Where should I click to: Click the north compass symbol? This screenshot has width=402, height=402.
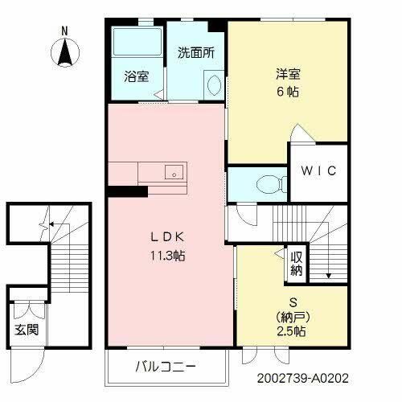point(66,53)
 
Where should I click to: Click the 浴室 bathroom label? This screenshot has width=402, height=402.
point(136,77)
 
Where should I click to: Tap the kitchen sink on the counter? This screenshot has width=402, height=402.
point(173,171)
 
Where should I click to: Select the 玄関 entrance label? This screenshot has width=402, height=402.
point(23,330)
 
